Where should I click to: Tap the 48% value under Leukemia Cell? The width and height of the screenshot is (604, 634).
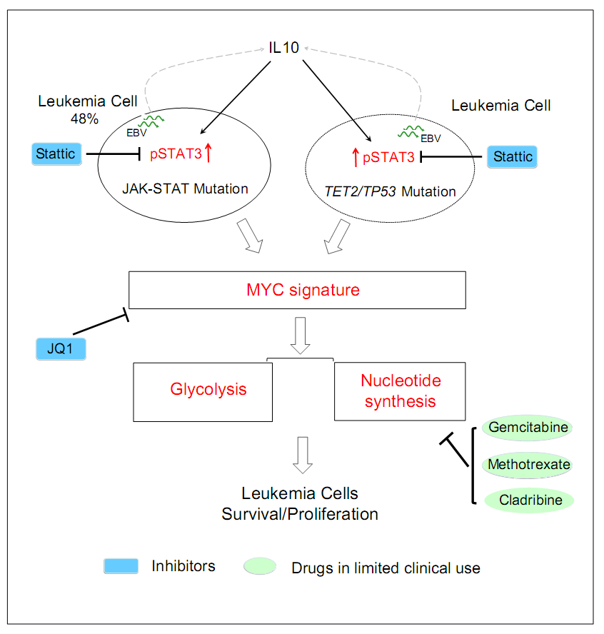(x=84, y=119)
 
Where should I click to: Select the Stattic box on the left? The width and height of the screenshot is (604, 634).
(x=57, y=154)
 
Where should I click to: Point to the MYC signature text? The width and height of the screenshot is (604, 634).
(x=298, y=290)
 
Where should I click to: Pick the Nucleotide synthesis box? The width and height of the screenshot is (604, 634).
(x=400, y=391)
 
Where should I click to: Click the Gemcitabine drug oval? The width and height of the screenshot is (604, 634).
(x=530, y=428)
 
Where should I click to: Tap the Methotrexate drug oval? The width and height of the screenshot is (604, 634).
(x=530, y=464)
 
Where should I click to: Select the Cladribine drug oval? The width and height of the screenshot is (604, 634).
(x=530, y=500)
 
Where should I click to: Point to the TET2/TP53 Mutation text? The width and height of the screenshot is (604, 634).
(x=388, y=191)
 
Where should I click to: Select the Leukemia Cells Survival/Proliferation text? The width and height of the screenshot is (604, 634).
(x=300, y=503)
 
